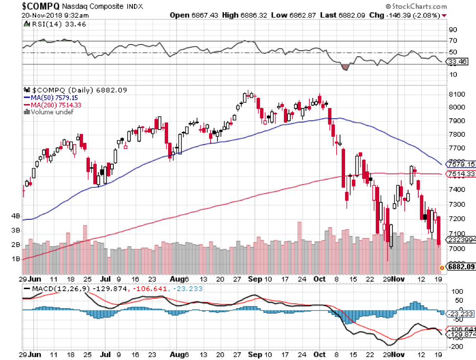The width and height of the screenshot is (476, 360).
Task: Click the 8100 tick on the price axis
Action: point(456,94)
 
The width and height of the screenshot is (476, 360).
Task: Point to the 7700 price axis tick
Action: point(456,148)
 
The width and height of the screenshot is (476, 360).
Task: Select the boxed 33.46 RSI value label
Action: point(460,62)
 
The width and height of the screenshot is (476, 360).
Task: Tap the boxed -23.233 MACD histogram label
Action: point(460,313)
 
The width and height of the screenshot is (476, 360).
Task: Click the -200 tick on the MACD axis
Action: point(455,346)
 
